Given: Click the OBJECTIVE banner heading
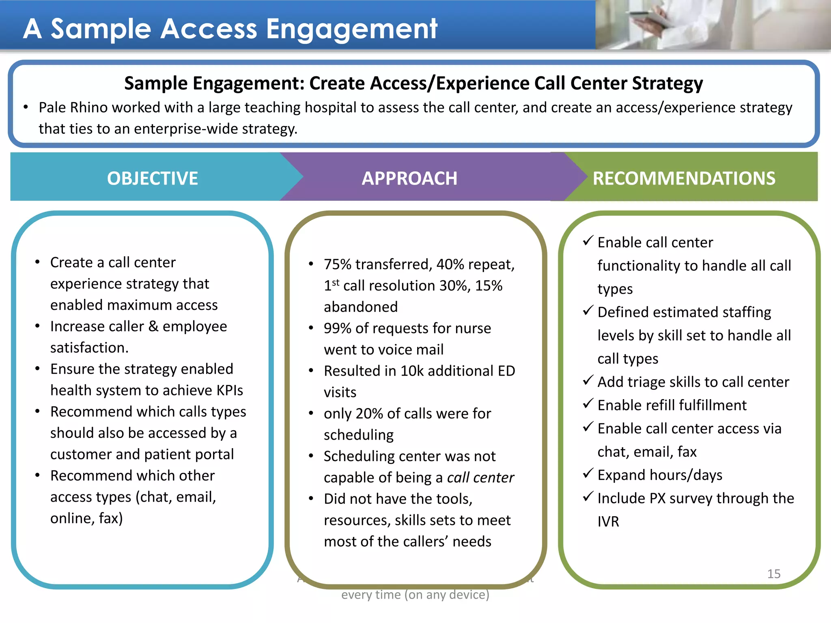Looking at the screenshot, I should point(152,178).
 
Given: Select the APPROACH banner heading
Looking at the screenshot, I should point(409,178).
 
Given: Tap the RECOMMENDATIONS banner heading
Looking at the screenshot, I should point(684,178).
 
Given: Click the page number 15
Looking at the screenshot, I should point(773,574).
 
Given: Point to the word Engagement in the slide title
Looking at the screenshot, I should point(351,29).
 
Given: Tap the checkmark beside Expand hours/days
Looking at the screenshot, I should point(588,473).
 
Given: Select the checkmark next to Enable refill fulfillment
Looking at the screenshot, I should point(588,404).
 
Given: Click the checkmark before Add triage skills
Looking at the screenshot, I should point(588,380).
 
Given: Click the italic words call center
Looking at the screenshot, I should point(480,477).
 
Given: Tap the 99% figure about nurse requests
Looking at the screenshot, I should point(338,328).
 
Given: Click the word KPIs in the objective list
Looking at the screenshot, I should point(230,390).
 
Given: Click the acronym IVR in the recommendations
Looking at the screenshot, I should point(608,522).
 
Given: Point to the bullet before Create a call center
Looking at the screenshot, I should point(37,262).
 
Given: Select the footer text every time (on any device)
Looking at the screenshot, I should point(415,595).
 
